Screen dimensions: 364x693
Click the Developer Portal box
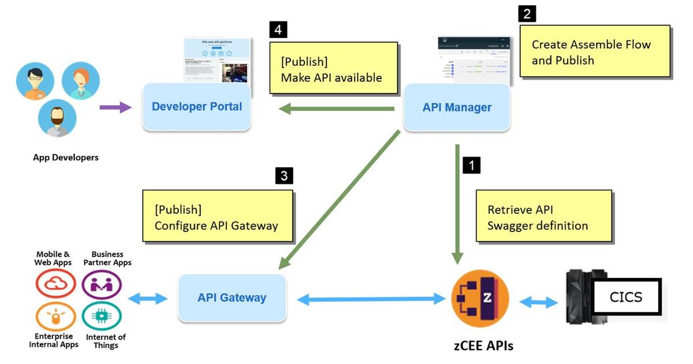coord(197,107)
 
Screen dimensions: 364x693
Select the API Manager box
coord(457,107)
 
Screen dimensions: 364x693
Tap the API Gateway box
coord(232,298)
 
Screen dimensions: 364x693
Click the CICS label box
coord(625,298)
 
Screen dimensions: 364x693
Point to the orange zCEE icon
coord(480,298)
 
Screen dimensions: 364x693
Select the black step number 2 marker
coord(527,13)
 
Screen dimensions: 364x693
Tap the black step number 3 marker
coord(284,175)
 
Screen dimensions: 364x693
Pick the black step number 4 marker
coord(278,30)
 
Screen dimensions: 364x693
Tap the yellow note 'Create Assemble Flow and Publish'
coord(595,51)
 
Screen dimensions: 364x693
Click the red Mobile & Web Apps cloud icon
coord(55,284)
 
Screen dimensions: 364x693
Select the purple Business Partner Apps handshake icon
coord(102,284)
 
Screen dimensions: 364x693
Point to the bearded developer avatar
coord(57,118)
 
